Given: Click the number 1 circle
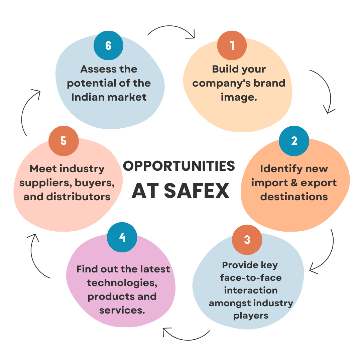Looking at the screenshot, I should tap(232, 45).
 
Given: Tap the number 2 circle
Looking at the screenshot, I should tap(294, 141).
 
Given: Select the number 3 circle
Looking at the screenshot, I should tap(247, 240).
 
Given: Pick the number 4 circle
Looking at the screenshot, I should tap(122, 237).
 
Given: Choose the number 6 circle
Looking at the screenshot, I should tap(108, 45).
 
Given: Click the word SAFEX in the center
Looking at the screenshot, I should tap(197, 191).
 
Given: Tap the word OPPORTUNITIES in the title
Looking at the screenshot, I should tap(179, 166).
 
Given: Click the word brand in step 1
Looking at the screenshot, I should tap(271, 83).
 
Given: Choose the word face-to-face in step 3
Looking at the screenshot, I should tap(251, 278).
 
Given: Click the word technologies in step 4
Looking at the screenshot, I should tap(122, 283).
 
